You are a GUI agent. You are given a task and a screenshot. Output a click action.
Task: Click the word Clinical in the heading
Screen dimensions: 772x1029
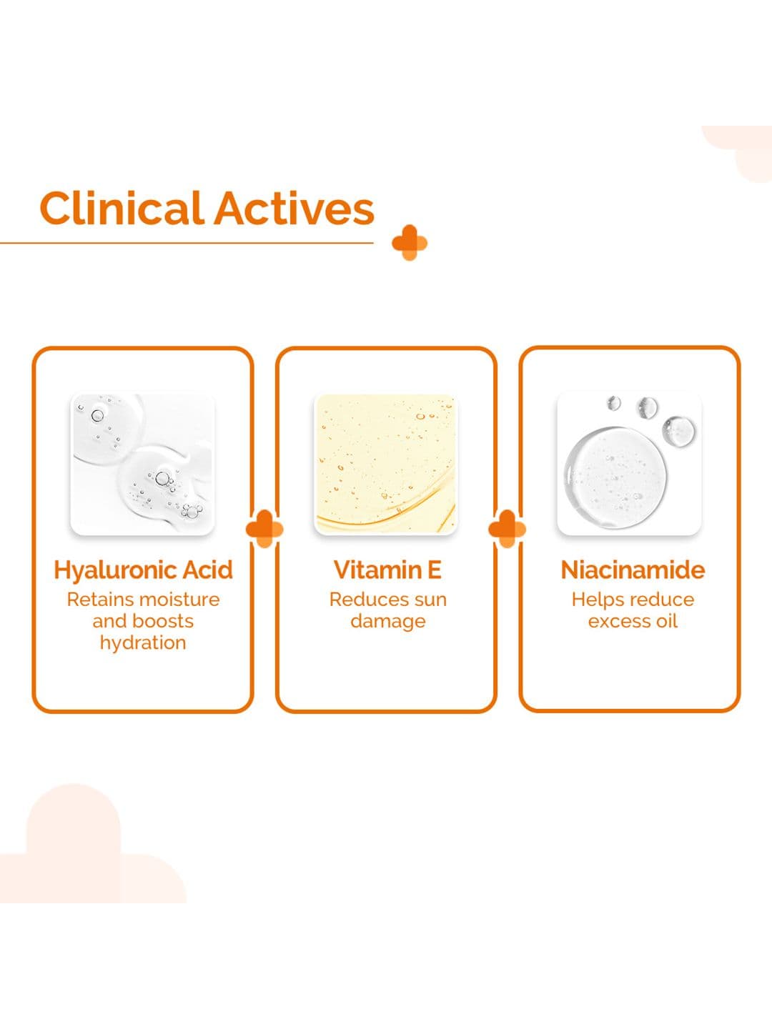point(122,208)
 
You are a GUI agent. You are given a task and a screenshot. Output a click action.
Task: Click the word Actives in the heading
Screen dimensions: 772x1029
point(295,208)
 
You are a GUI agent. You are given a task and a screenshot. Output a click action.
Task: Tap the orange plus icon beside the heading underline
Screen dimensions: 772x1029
point(410,242)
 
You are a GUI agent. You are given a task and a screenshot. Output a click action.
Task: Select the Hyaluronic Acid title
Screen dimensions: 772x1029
point(143,570)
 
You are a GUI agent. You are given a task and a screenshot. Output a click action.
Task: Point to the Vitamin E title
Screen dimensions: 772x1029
point(387,570)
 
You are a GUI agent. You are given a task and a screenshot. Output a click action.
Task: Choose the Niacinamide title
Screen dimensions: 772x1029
point(633,570)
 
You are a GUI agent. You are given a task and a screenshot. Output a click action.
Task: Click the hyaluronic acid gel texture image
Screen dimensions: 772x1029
point(142,464)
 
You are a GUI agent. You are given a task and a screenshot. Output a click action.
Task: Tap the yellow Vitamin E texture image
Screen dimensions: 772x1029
point(386,464)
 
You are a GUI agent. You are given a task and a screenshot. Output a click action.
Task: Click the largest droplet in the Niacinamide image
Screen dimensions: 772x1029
point(615,477)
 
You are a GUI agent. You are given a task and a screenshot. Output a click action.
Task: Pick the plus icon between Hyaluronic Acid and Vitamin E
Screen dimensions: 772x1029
point(264,528)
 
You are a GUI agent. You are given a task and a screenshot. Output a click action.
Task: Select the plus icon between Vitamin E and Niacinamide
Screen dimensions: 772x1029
point(508,528)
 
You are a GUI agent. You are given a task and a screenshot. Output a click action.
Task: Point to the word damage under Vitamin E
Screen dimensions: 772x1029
point(388,622)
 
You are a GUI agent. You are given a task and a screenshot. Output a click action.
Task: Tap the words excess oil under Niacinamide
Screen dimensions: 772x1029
point(633,621)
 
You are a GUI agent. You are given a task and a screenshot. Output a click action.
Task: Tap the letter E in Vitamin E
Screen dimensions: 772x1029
point(435,570)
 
